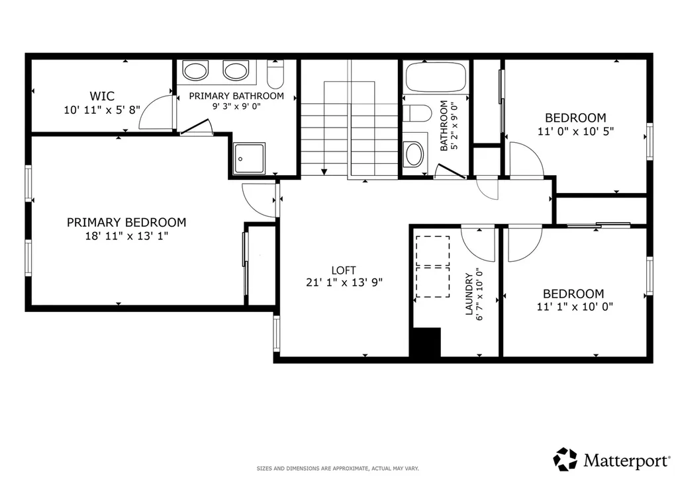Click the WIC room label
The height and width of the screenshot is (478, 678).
[x=102, y=96]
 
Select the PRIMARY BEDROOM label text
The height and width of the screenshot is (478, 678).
[x=126, y=222]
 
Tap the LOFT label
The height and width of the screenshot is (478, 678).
[x=344, y=270]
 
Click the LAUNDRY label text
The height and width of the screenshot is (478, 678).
[x=469, y=294]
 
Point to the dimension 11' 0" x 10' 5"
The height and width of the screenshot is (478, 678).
[x=575, y=131]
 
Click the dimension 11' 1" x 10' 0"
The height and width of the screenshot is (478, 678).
[x=575, y=307]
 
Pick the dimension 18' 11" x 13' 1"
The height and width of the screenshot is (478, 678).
[x=126, y=236]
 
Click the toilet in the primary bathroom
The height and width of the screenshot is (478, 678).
[x=275, y=74]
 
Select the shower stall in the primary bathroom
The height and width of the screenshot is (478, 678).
[x=249, y=159]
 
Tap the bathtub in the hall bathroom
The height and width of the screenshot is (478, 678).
[x=436, y=77]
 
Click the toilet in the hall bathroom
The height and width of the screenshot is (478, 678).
[x=417, y=114]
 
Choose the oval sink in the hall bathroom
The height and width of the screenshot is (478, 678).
[x=414, y=154]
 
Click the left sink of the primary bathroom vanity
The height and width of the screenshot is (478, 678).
[x=195, y=71]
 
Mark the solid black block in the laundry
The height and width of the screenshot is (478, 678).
[x=426, y=342]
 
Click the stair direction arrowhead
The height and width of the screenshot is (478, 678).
[x=324, y=173]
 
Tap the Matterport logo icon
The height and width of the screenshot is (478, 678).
[x=565, y=459]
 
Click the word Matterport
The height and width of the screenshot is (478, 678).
[x=626, y=460]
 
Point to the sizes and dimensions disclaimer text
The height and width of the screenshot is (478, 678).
[x=338, y=468]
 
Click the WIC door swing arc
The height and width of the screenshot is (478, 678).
[x=152, y=108]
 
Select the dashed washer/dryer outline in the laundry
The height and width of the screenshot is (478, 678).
[x=432, y=266]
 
